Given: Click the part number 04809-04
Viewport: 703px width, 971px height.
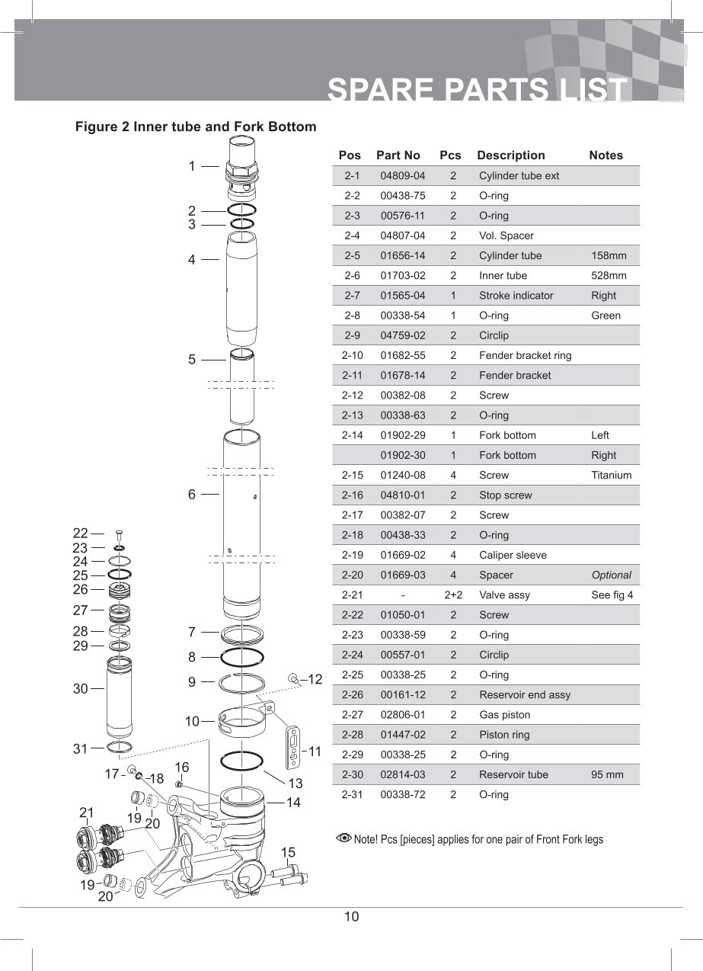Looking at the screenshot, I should click(x=402, y=176).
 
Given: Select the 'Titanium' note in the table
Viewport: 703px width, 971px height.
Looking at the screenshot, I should click(x=611, y=476).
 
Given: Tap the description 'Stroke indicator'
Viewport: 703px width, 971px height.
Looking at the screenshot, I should click(x=516, y=296).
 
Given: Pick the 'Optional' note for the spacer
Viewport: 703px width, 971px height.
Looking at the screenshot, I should click(x=611, y=575).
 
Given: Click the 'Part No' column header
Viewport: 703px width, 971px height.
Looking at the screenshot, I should click(x=398, y=155).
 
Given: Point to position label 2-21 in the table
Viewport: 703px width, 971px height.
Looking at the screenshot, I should click(x=352, y=595).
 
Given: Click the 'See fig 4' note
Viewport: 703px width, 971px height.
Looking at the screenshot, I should click(x=612, y=595).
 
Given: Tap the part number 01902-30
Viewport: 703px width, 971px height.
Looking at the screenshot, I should click(x=402, y=456).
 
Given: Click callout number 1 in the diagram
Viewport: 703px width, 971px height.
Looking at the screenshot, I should click(x=192, y=165).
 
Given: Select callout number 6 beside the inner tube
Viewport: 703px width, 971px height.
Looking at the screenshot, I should click(x=192, y=494).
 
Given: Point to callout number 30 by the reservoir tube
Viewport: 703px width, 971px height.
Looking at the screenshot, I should click(x=81, y=689).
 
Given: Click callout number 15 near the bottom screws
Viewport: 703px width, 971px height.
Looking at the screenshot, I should click(x=288, y=852).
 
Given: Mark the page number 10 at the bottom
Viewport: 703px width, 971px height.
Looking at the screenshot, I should click(x=351, y=917).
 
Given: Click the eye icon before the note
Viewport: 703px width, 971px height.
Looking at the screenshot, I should click(x=344, y=839).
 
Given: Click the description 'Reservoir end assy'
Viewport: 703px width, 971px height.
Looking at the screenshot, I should click(x=524, y=695).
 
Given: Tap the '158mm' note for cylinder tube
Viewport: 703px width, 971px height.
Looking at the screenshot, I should click(x=609, y=256).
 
